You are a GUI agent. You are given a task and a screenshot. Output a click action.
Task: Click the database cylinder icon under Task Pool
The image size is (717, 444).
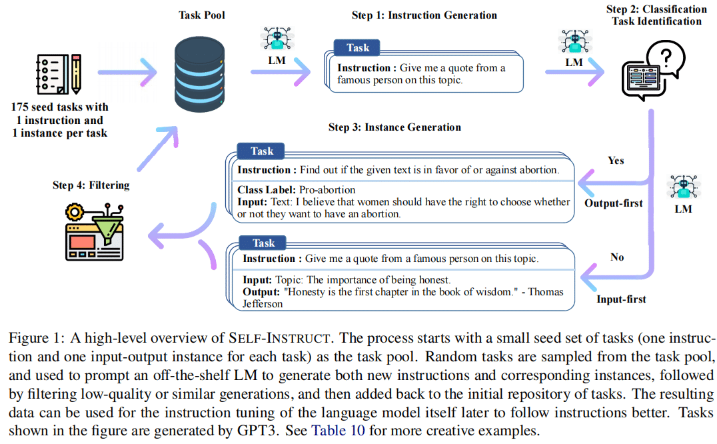199,74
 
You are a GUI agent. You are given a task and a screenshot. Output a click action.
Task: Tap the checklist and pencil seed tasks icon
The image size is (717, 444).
59,74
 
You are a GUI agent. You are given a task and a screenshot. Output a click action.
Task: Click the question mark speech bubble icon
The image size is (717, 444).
653,71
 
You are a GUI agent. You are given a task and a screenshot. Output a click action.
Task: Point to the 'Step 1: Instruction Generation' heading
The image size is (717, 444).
424,15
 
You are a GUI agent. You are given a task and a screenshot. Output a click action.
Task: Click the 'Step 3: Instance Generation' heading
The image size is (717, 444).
394,127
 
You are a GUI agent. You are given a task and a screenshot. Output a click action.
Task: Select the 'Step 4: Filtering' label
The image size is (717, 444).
91,185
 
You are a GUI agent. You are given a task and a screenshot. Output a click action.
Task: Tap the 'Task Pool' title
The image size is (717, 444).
202,15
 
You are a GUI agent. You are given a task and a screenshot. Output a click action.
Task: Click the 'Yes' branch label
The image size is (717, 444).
616,161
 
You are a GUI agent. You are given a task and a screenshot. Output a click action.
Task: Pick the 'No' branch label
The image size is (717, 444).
617,257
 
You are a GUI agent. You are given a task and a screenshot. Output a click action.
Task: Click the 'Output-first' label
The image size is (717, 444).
613,203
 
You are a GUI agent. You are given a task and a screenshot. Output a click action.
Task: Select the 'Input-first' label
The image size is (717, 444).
621,299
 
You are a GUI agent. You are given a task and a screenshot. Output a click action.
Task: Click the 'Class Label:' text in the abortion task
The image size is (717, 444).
267,190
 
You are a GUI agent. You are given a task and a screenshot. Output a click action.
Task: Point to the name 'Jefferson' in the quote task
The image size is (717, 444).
263,304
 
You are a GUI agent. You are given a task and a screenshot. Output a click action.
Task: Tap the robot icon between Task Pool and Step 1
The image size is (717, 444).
277,39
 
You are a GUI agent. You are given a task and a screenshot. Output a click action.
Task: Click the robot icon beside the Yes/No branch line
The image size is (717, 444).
684,187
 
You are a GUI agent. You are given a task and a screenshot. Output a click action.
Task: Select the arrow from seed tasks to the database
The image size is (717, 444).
127,72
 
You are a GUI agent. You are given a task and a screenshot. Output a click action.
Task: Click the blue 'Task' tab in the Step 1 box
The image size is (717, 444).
357,47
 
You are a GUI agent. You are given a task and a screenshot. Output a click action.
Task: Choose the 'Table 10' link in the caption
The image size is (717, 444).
338,431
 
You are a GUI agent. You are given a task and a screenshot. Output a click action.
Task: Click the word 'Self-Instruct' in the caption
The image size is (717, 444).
279,338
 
